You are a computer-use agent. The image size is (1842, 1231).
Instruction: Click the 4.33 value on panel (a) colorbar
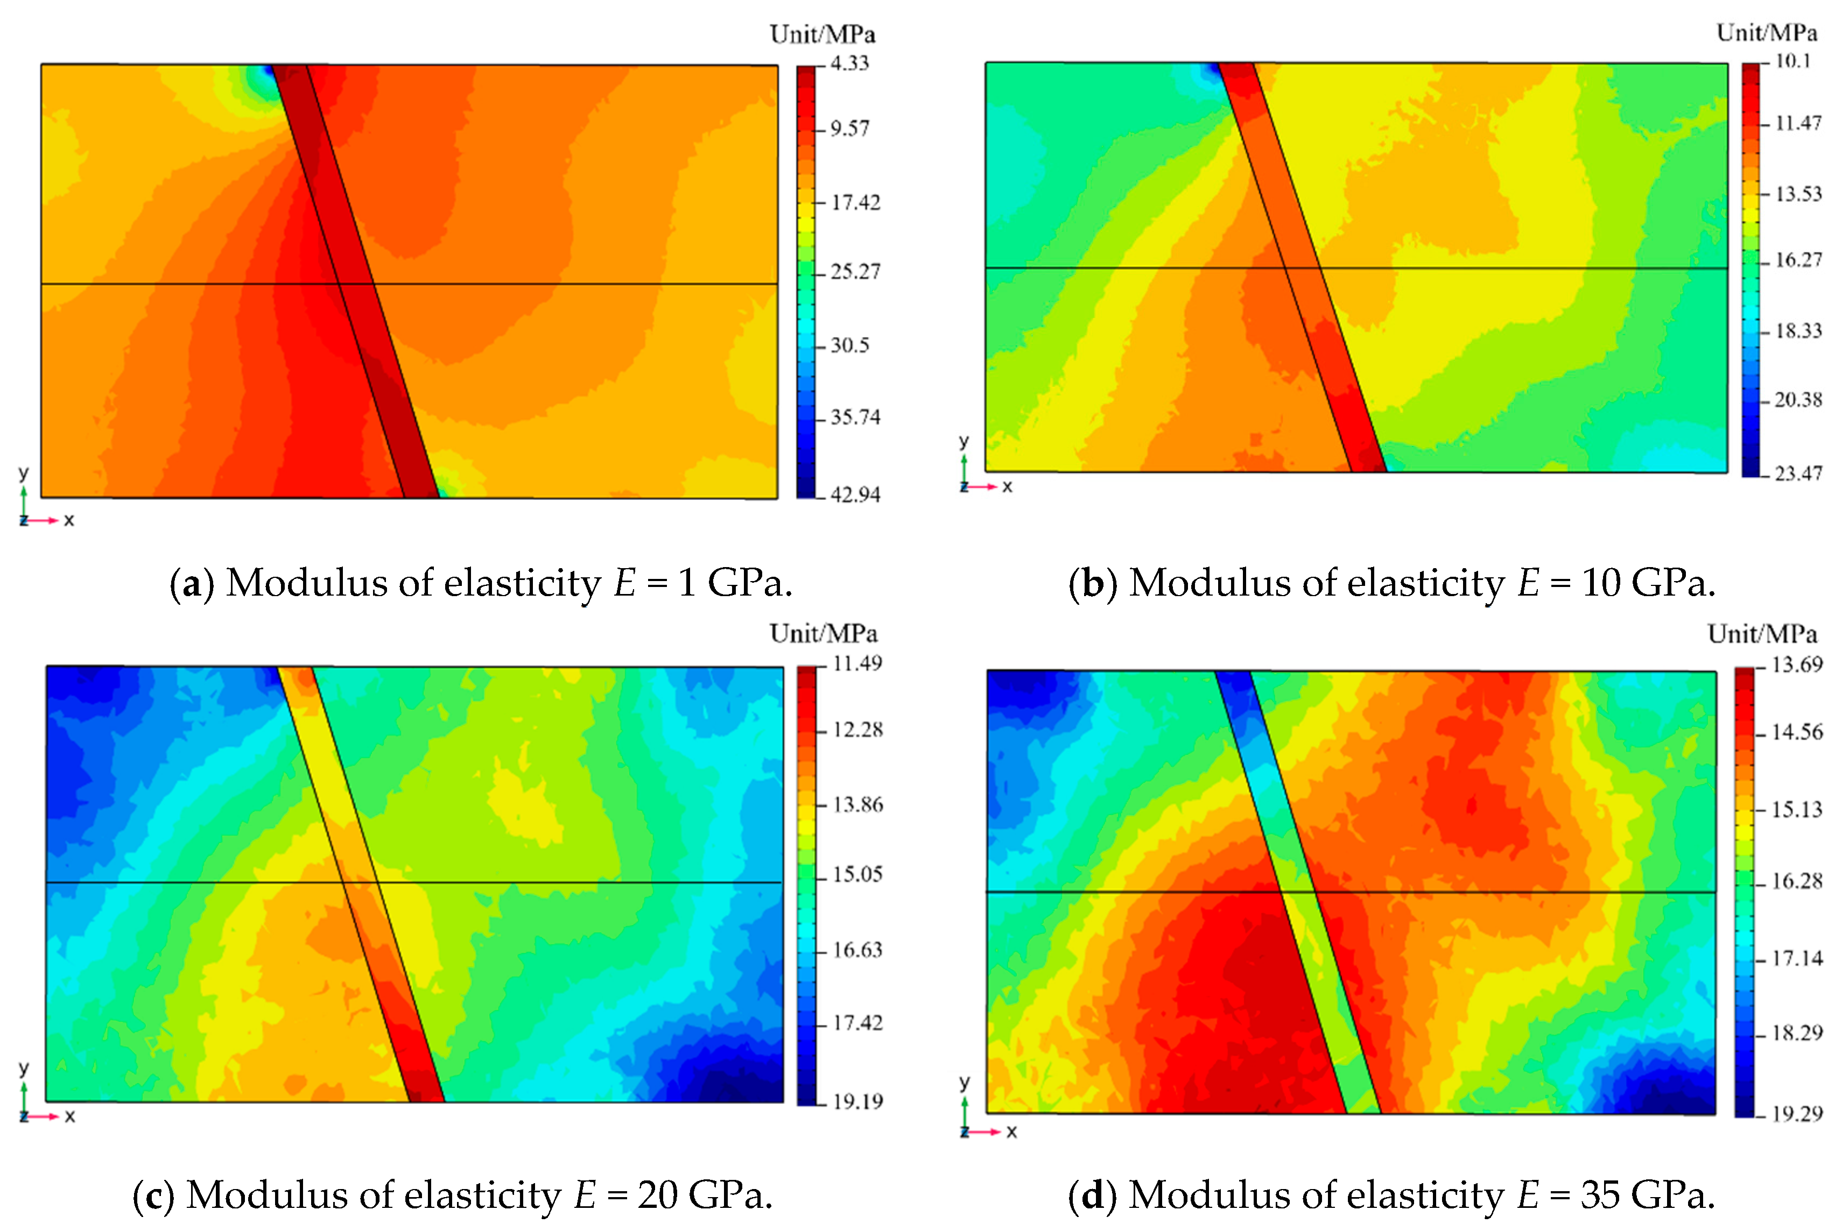point(850,63)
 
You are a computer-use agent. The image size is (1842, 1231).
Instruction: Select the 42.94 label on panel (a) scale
point(855,494)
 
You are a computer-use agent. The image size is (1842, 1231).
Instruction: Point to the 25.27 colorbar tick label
point(855,272)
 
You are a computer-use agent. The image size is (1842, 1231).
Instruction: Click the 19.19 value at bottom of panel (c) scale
point(858,1101)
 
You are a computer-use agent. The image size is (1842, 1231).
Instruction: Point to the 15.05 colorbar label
point(858,875)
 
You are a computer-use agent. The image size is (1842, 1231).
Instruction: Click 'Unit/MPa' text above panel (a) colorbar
point(822,34)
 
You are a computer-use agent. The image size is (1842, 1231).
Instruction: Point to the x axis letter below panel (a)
point(69,520)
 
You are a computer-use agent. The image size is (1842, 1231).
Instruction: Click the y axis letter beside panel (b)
point(964,441)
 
